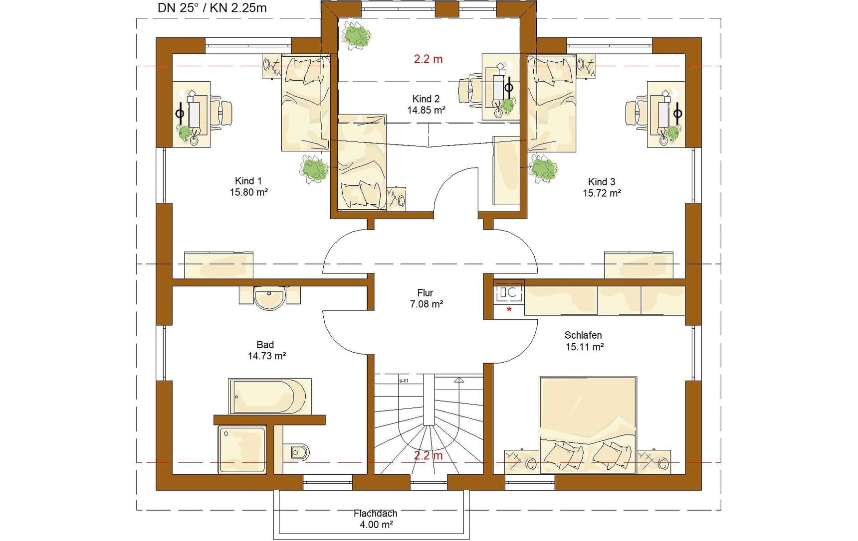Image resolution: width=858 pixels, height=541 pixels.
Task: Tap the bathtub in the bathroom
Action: pyautogui.click(x=270, y=397)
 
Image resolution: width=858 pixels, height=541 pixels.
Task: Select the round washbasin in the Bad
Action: pyautogui.click(x=269, y=298)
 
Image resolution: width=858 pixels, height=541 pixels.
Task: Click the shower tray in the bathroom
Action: pyautogui.click(x=242, y=449)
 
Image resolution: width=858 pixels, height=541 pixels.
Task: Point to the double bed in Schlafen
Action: pyautogui.click(x=588, y=425)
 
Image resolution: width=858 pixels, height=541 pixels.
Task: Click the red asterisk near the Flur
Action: pyautogui.click(x=509, y=310)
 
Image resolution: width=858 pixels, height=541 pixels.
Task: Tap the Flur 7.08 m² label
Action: pyautogui.click(x=426, y=298)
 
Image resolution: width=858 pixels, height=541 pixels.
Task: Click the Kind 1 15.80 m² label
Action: pyautogui.click(x=248, y=186)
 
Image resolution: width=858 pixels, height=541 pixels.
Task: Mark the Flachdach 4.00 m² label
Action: pyautogui.click(x=376, y=519)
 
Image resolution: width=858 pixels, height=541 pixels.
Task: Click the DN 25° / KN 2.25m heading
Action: pyautogui.click(x=212, y=8)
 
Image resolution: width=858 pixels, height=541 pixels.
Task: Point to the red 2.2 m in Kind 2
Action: pyautogui.click(x=428, y=59)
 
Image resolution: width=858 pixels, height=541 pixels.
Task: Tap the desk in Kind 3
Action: pyautogui.click(x=666, y=114)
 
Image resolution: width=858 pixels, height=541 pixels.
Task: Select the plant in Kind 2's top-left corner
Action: pyautogui.click(x=356, y=37)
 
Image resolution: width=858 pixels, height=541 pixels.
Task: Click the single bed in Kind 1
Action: pyautogui.click(x=305, y=103)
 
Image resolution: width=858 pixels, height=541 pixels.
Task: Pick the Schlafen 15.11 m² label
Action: pyautogui.click(x=584, y=341)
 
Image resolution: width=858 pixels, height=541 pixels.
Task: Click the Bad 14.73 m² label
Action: pyautogui.click(x=266, y=350)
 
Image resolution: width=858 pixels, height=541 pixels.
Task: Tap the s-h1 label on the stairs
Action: pyautogui.click(x=404, y=381)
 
